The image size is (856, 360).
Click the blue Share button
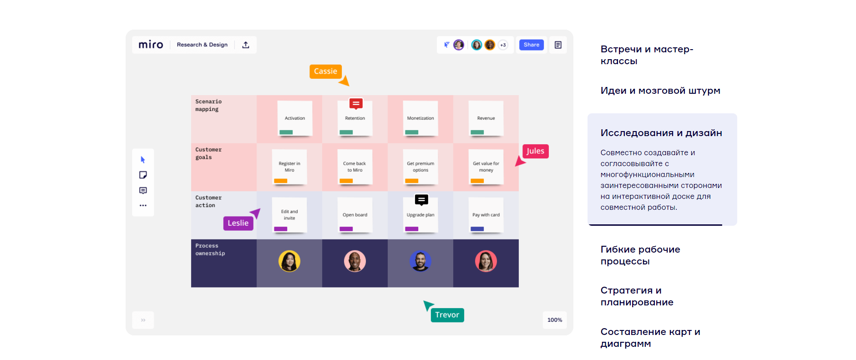(x=531, y=45)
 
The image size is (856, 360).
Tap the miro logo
(x=151, y=45)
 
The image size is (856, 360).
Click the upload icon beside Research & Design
(x=246, y=45)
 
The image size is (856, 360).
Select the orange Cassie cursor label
(x=325, y=71)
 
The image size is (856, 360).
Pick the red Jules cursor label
(x=535, y=151)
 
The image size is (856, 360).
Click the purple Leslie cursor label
(x=238, y=223)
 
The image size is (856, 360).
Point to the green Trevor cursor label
(x=447, y=315)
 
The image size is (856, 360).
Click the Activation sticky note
(x=295, y=118)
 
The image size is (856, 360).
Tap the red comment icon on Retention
(x=356, y=104)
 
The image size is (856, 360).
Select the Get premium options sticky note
(x=420, y=167)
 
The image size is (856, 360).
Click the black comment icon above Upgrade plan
(x=421, y=200)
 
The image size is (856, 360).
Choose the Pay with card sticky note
(x=486, y=215)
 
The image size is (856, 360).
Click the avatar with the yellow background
(x=289, y=261)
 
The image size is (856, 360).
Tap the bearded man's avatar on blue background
(x=420, y=261)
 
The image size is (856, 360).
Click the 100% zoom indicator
(x=555, y=320)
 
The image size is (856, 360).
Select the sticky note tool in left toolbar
(x=143, y=175)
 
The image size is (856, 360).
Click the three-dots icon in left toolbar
(x=143, y=206)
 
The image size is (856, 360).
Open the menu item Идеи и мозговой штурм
(x=660, y=91)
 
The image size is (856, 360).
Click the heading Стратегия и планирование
(x=637, y=296)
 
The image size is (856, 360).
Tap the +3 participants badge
(x=503, y=45)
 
